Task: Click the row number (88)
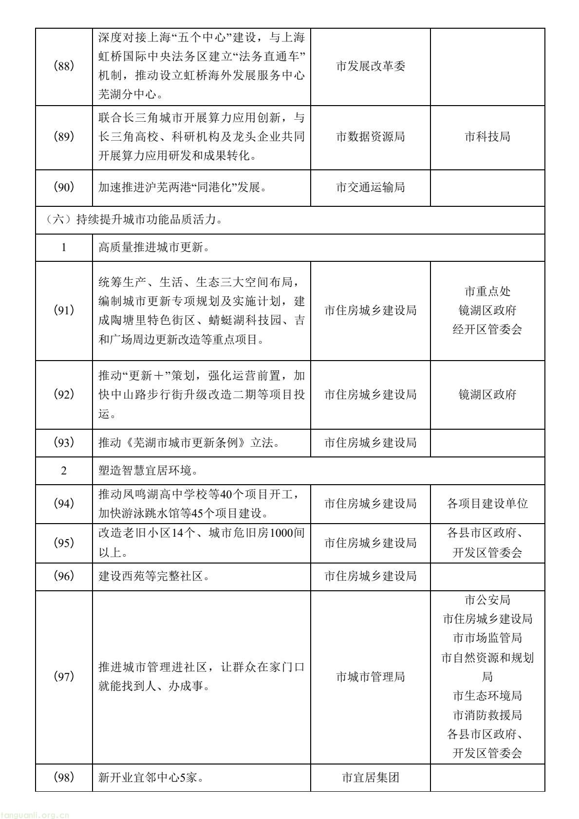point(63,66)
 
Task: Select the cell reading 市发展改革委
point(370,66)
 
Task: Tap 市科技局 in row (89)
point(487,137)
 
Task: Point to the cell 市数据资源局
point(370,137)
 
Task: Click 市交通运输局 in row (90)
point(370,187)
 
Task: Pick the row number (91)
point(63,310)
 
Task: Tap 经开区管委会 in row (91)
point(487,329)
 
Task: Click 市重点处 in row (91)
point(487,291)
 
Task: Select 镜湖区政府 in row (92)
point(487,394)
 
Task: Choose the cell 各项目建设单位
point(487,504)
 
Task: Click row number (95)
point(63,543)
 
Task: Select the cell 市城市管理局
point(370,676)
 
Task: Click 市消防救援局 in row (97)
point(487,715)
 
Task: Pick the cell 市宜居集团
point(370,777)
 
